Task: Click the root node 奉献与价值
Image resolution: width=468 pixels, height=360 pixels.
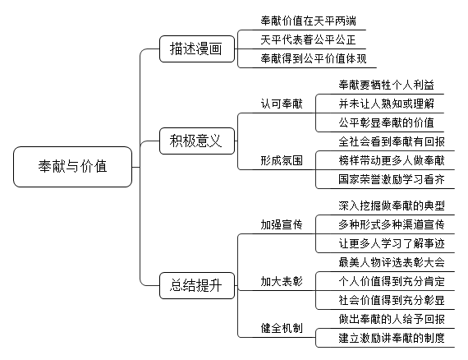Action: pos(72,167)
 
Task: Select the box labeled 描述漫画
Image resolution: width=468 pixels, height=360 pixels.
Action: pos(197,48)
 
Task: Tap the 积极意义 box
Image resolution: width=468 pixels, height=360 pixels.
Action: pos(197,141)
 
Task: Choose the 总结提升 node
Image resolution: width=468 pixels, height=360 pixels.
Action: pos(197,285)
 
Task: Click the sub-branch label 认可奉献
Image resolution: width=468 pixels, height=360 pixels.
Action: pos(282,104)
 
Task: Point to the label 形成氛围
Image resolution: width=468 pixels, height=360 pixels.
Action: pos(282,160)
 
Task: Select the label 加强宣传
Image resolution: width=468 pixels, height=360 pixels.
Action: pos(282,224)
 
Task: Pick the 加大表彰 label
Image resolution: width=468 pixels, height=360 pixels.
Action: pos(282,281)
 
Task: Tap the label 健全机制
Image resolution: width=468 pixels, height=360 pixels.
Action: pos(282,328)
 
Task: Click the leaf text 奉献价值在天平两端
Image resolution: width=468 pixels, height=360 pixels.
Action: pos(308,21)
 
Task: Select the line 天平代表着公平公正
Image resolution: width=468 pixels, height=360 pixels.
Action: pos(308,39)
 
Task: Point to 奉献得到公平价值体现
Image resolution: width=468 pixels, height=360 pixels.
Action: pos(314,58)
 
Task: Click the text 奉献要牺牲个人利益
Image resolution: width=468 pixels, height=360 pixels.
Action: pos(386,85)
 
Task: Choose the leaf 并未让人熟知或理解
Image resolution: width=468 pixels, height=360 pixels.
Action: pos(386,104)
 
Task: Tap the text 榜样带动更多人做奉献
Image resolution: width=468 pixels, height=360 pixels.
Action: pos(392,160)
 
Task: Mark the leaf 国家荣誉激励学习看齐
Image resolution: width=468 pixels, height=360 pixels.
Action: pos(392,179)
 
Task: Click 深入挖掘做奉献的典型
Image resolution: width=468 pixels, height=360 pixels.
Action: pos(392,205)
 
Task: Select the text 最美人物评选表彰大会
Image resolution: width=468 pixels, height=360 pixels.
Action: pos(392,262)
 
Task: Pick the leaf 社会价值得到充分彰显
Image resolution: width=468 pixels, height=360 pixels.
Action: pos(392,300)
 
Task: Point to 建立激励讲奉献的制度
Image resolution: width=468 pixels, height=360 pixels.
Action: pos(392,338)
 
